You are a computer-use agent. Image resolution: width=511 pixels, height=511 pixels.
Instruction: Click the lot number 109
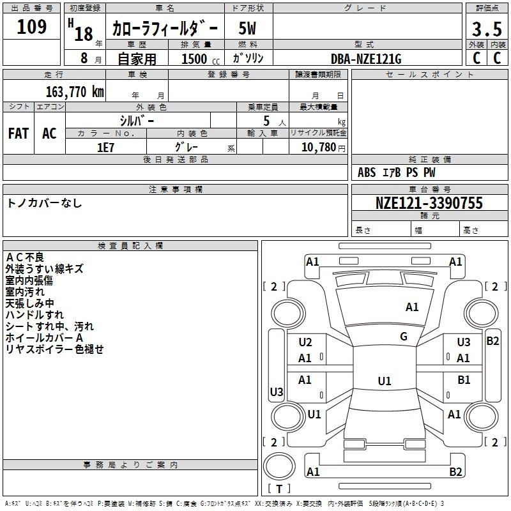pos(32,27)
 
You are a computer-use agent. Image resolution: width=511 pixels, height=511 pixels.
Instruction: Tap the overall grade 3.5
pos(486,29)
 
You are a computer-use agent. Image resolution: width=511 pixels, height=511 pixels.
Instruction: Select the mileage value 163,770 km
pos(75,92)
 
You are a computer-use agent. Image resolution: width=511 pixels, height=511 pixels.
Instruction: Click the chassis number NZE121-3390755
pos(429,203)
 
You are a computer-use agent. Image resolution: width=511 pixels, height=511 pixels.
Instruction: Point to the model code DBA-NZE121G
pos(366,59)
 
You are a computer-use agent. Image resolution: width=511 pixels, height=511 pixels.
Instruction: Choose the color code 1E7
pos(105,147)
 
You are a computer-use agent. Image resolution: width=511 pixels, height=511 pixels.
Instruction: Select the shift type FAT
pos(19,133)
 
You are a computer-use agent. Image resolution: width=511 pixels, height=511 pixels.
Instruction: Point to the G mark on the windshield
pos(404,337)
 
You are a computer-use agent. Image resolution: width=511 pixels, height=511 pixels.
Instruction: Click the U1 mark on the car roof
pos(384,381)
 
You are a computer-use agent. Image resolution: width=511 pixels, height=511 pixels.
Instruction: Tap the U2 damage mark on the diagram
pos(305,343)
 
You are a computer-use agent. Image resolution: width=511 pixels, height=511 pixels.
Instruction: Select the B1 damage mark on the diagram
pos(464,380)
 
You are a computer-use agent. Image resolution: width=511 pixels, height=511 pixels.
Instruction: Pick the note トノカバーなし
pos(45,203)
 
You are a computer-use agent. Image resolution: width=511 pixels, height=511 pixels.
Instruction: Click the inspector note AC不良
pos(26,257)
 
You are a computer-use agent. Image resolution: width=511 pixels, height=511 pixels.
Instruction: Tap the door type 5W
pos(247,29)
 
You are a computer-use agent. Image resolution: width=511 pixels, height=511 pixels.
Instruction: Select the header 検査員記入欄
pos(130,245)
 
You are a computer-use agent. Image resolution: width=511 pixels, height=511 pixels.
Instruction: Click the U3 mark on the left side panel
pos(276,392)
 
